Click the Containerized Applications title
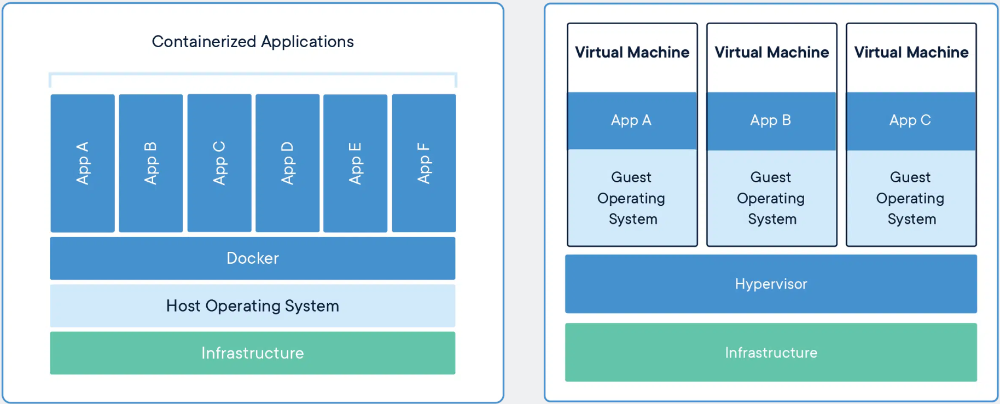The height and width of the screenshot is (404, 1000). click(253, 42)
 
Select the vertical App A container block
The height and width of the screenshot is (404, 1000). click(83, 163)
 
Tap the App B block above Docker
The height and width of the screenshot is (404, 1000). click(151, 163)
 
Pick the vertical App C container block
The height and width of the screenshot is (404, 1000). click(219, 163)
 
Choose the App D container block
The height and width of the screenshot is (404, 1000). click(288, 163)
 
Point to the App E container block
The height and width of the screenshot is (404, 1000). click(356, 163)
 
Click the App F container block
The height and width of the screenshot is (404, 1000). click(424, 163)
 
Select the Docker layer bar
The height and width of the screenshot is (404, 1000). click(253, 258)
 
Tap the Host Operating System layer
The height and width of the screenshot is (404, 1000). click(253, 305)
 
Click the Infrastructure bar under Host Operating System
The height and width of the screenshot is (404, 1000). click(253, 353)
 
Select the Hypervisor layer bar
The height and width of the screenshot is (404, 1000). click(771, 284)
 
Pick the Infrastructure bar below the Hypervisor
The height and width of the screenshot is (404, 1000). click(771, 353)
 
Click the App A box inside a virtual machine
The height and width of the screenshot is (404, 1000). click(632, 121)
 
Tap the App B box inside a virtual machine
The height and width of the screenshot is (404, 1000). click(771, 121)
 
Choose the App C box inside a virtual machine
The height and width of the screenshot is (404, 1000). click(911, 121)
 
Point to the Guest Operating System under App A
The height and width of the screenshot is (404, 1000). click(632, 198)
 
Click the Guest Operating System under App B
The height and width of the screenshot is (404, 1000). click(771, 198)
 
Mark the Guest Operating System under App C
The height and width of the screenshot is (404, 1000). click(911, 198)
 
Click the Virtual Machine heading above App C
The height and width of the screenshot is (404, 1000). click(911, 53)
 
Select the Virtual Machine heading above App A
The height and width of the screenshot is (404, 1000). click(632, 53)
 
